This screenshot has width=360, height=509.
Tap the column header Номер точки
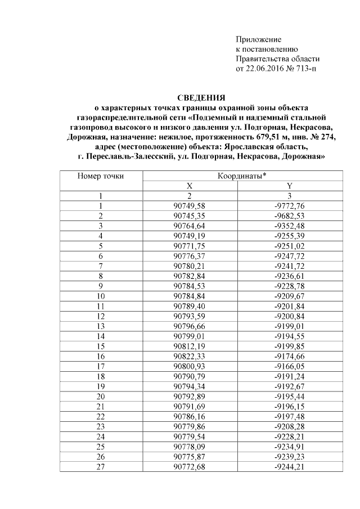(101, 176)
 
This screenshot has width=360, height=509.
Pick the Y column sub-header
(289, 186)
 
